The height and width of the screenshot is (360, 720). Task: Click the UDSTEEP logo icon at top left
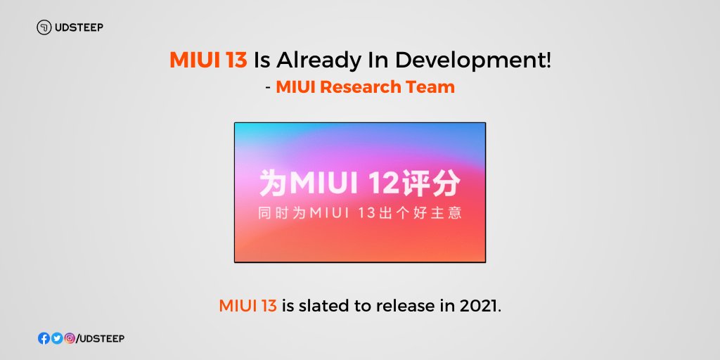44,27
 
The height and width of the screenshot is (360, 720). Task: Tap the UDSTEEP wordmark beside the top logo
79,27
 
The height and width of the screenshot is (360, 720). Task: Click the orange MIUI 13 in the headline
208,60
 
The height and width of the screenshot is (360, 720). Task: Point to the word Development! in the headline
473,61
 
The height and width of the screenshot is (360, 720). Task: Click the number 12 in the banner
385,184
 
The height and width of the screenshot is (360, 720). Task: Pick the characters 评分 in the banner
431,184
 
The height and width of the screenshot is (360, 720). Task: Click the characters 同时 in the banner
273,214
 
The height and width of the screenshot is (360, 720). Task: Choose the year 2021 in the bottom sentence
479,306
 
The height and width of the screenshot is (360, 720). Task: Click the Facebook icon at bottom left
44,338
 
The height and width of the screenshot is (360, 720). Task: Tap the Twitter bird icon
57,338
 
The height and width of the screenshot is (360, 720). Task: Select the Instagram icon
70,338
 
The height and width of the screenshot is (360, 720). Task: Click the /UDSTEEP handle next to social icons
100,339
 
